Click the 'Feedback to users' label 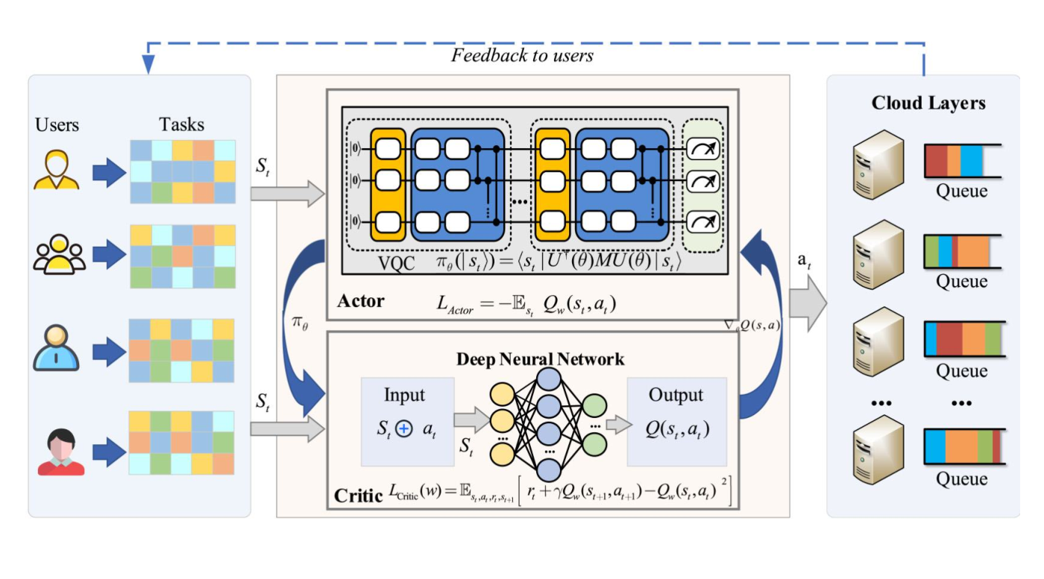coord(522,56)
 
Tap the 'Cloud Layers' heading coord(928,104)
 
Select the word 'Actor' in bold coord(361,302)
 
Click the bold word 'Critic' coord(359,494)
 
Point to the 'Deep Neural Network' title coord(540,359)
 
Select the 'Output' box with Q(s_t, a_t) coord(676,422)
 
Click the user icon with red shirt coord(60,453)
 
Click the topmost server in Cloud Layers coord(878,164)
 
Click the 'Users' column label coord(57,124)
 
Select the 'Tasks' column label coord(181,124)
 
